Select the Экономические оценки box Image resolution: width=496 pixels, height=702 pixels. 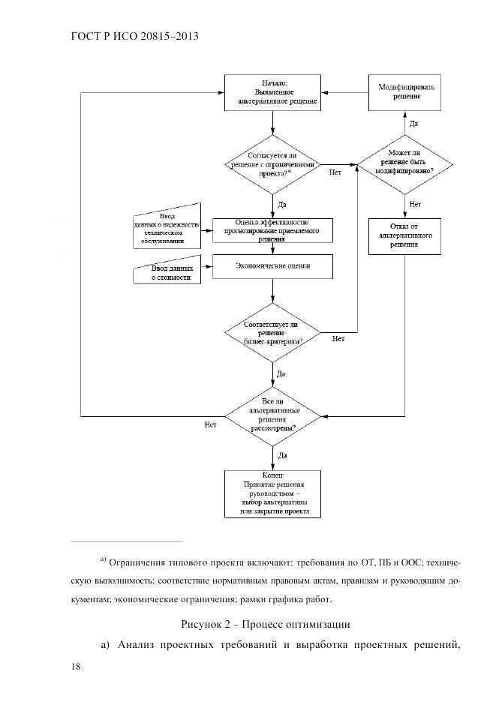[x=273, y=266]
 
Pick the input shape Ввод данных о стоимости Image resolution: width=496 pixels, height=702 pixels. [x=170, y=272]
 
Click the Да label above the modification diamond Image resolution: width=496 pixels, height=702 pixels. [x=414, y=124]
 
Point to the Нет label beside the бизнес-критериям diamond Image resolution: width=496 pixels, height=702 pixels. [x=338, y=339]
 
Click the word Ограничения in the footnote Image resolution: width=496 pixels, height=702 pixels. [x=138, y=562]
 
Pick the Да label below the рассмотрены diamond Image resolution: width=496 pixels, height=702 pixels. [x=282, y=454]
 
